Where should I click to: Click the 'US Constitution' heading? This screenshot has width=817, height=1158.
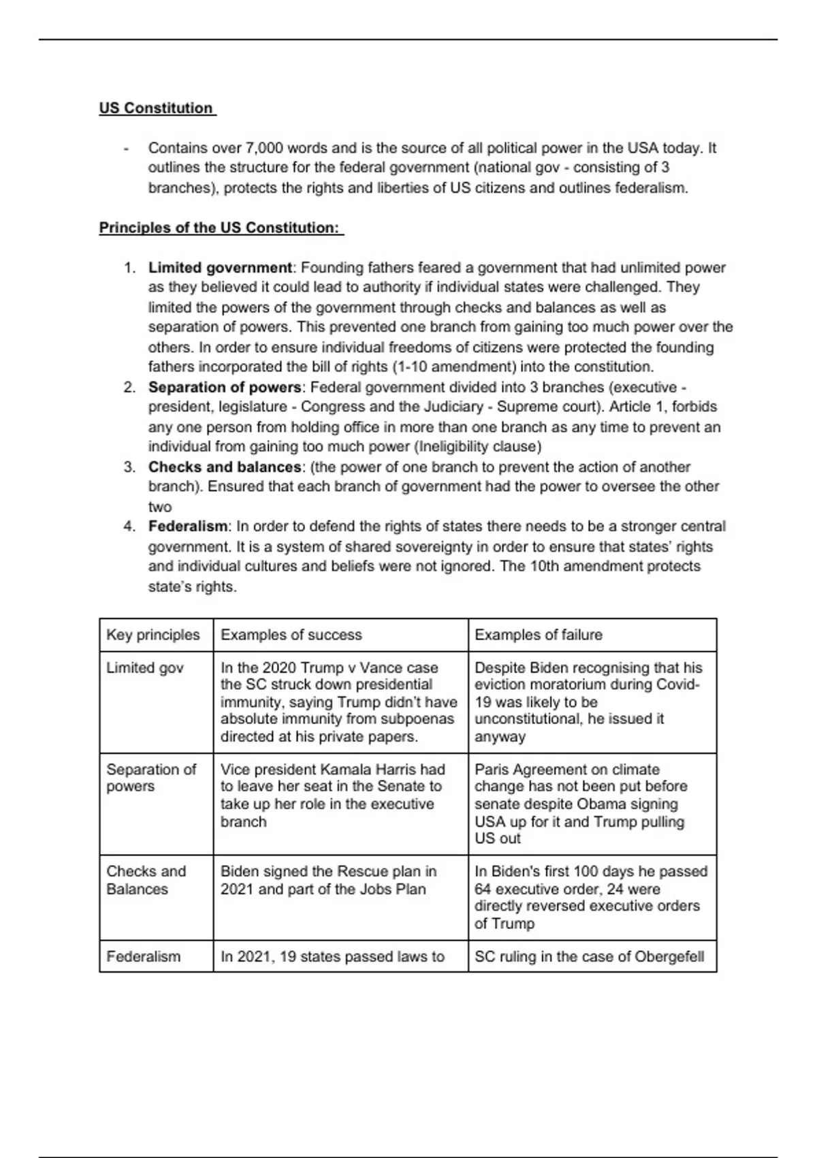pyautogui.click(x=156, y=108)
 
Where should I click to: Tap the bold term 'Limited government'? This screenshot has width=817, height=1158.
pyautogui.click(x=220, y=268)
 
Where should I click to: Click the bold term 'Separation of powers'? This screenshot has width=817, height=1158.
pyautogui.click(x=225, y=388)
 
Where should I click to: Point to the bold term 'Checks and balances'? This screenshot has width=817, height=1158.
pyautogui.click(x=225, y=467)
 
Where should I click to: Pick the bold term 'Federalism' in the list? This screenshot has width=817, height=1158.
pyautogui.click(x=188, y=527)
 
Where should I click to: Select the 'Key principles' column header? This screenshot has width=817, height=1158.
pyautogui.click(x=153, y=635)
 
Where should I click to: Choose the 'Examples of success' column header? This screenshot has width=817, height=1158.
pyautogui.click(x=291, y=635)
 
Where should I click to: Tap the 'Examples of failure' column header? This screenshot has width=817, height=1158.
pyautogui.click(x=539, y=635)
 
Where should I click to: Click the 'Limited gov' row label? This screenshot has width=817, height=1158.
pyautogui.click(x=145, y=668)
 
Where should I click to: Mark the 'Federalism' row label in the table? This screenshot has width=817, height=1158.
pyautogui.click(x=144, y=956)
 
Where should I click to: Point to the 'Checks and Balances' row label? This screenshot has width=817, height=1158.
pyautogui.click(x=146, y=880)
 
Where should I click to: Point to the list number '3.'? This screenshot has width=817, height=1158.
pyautogui.click(x=129, y=467)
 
